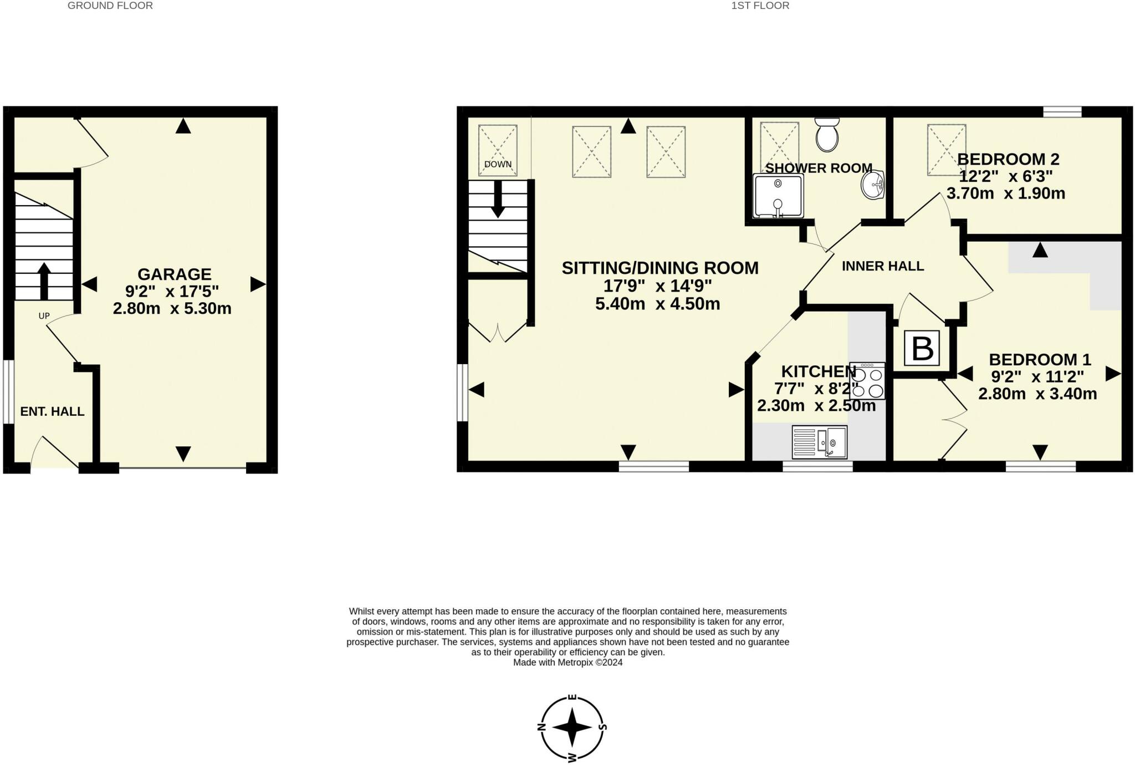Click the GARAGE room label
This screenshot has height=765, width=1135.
(x=174, y=274)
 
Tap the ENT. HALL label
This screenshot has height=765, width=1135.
(x=52, y=411)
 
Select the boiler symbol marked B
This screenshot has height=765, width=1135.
(x=922, y=349)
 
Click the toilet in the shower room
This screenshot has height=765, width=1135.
(x=827, y=135)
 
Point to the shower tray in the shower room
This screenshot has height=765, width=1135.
(x=778, y=196)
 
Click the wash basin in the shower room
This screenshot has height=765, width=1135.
(x=873, y=185)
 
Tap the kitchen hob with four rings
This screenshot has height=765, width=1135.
(x=867, y=381)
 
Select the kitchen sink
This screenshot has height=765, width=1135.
(x=820, y=442)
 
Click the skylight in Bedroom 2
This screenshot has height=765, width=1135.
(x=946, y=150)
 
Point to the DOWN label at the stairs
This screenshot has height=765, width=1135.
(x=498, y=165)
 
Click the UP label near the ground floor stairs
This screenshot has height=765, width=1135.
(x=44, y=316)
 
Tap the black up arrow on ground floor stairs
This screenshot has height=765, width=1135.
(x=43, y=280)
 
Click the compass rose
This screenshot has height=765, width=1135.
(x=572, y=727)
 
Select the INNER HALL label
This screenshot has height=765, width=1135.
(x=882, y=266)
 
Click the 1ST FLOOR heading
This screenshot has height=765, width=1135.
(x=760, y=6)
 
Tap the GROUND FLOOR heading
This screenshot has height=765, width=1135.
(x=110, y=6)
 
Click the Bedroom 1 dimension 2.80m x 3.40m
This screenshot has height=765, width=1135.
(x=1037, y=394)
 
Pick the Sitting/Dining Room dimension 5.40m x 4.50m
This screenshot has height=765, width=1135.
(x=657, y=304)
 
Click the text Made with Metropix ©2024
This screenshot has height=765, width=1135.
(x=567, y=662)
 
